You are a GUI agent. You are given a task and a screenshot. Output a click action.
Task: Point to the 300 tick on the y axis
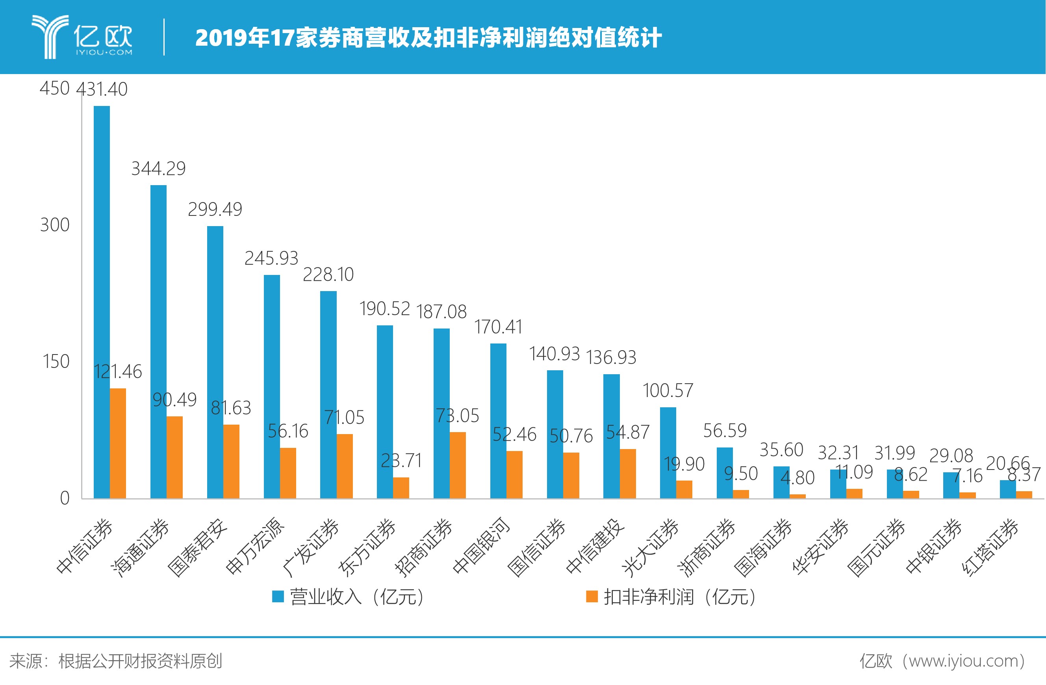click(x=54, y=225)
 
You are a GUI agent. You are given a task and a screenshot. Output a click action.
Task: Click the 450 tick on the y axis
click(x=54, y=88)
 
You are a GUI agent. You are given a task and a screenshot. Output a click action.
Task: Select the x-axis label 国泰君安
click(x=198, y=548)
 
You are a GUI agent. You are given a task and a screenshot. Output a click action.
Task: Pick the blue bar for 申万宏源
click(x=272, y=386)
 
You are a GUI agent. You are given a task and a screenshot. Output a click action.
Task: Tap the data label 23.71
click(x=401, y=461)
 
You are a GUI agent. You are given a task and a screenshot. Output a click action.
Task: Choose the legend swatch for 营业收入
click(x=278, y=597)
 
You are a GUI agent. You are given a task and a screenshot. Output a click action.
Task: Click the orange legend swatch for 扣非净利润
click(x=592, y=597)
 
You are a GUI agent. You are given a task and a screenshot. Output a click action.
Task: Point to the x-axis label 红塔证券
click(x=991, y=548)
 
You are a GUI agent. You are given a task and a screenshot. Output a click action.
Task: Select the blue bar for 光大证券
click(x=668, y=453)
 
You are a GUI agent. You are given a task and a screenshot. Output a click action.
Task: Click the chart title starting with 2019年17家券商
click(x=428, y=38)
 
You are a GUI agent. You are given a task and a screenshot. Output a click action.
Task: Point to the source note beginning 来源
click(x=115, y=661)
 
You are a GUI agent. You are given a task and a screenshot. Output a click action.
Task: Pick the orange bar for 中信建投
click(x=628, y=473)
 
